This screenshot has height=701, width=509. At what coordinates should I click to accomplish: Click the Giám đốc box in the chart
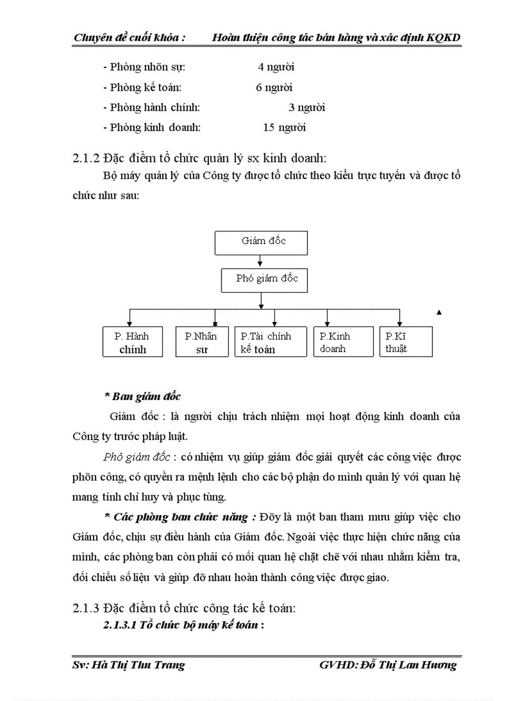tap(261, 243)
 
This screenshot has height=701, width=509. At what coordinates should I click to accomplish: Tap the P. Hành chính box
tap(132, 342)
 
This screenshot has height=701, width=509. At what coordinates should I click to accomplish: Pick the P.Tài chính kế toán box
tap(271, 342)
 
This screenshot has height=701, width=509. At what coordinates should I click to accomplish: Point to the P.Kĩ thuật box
tap(405, 342)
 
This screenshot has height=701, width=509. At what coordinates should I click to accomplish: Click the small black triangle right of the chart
tap(439, 312)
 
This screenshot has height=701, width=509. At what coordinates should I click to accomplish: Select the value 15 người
tap(284, 128)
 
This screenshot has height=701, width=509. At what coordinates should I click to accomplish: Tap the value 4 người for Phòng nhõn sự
tap(276, 67)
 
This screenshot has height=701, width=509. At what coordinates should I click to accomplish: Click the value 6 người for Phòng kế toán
tap(274, 87)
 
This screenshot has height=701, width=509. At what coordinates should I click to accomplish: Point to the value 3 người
tap(306, 107)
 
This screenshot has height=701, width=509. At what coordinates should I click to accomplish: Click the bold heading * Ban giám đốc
tap(142, 396)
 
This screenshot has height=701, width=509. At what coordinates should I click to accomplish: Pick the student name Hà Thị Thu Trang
tap(138, 665)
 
